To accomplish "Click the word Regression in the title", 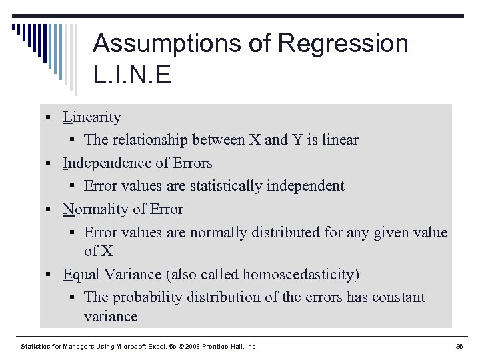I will (x=343, y=43).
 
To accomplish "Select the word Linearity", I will (x=92, y=117).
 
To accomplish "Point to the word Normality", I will (x=96, y=209).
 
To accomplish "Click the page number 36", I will (x=459, y=347).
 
